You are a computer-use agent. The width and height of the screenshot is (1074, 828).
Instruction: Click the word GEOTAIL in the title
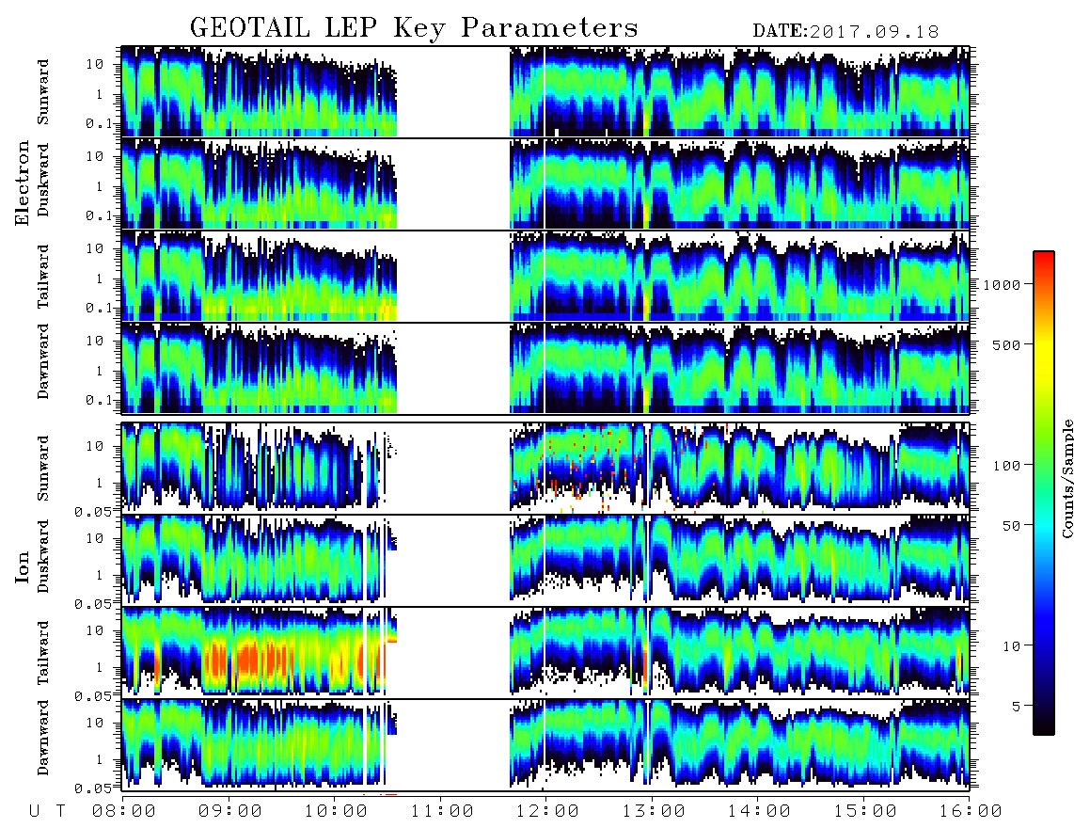[x=249, y=28]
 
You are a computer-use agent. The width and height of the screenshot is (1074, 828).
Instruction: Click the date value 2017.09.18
[x=874, y=32]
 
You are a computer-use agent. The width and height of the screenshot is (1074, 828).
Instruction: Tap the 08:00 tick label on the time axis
[x=123, y=812]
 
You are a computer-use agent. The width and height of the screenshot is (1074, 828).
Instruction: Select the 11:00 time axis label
[x=442, y=812]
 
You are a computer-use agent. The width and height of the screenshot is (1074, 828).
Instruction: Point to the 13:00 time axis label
[x=654, y=812]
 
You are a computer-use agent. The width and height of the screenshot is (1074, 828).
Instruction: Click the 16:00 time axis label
[x=970, y=812]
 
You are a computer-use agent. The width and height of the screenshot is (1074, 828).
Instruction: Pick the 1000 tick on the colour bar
[x=1002, y=285]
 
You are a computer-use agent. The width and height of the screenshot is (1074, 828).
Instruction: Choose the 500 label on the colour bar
[x=1006, y=344]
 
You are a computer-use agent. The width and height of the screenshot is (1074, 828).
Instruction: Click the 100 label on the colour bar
[x=1006, y=466]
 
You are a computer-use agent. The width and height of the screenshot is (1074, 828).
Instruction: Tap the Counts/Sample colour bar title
[x=1066, y=478]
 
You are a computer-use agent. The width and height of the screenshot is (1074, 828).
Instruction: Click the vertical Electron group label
[x=23, y=183]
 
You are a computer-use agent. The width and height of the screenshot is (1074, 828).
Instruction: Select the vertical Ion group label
[x=23, y=566]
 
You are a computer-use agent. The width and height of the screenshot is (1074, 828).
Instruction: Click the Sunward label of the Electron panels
[x=43, y=92]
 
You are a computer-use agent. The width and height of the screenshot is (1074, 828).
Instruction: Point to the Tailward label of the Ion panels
[x=43, y=653]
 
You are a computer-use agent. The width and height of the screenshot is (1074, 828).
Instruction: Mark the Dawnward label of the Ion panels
[x=43, y=738]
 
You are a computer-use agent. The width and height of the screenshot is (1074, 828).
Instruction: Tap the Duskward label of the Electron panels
[x=43, y=180]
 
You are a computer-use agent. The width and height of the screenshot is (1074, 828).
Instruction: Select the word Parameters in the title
[x=549, y=28]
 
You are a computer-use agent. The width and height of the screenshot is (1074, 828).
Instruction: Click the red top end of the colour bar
[x=1043, y=255]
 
